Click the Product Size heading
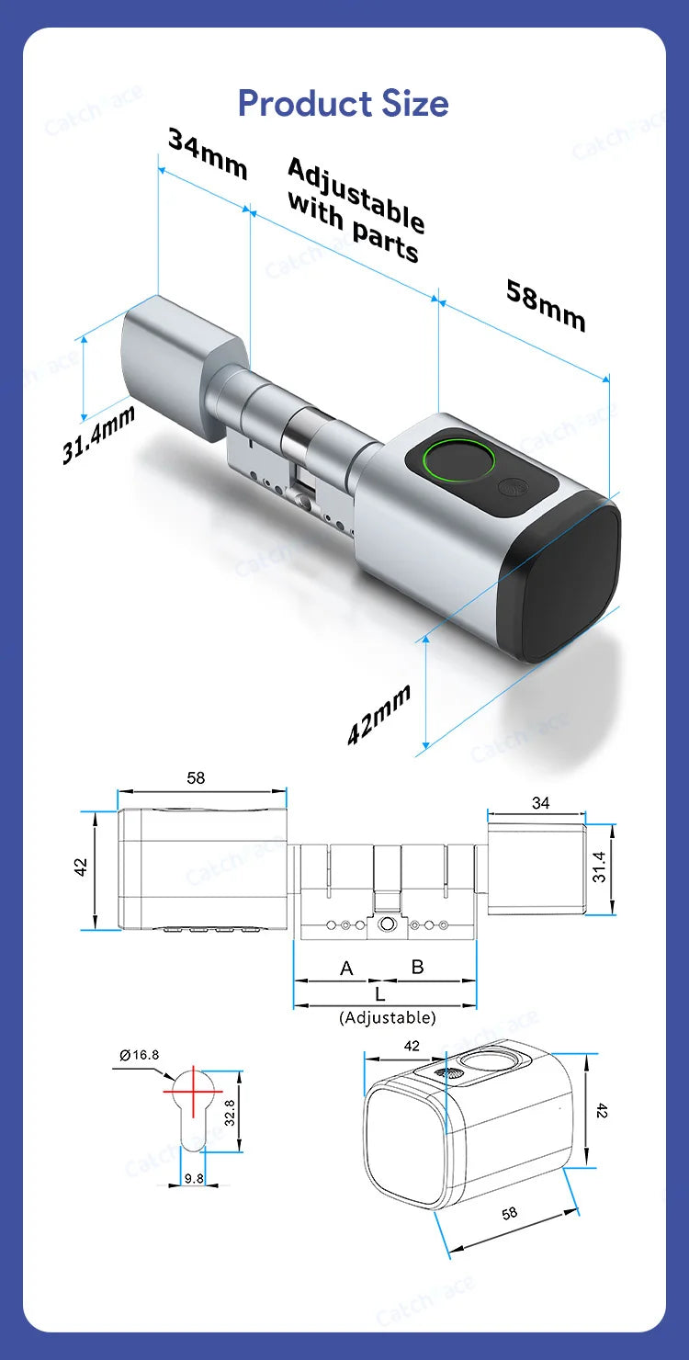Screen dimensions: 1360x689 (343, 103)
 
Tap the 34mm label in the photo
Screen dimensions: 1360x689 (208, 153)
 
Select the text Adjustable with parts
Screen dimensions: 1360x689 (355, 210)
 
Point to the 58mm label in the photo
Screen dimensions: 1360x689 (546, 304)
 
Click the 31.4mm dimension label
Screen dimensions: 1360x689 (98, 435)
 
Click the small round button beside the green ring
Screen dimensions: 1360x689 (509, 489)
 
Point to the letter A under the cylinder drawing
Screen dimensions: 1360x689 (346, 968)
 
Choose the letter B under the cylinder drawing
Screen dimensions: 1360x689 (417, 967)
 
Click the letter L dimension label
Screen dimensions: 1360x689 (380, 993)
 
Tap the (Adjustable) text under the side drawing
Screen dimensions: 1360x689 (387, 1017)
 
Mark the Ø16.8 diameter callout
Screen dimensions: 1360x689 (139, 1055)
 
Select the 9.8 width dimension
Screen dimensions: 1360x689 (193, 1177)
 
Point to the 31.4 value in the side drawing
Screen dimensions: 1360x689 (599, 866)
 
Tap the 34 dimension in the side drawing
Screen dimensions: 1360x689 (540, 803)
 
